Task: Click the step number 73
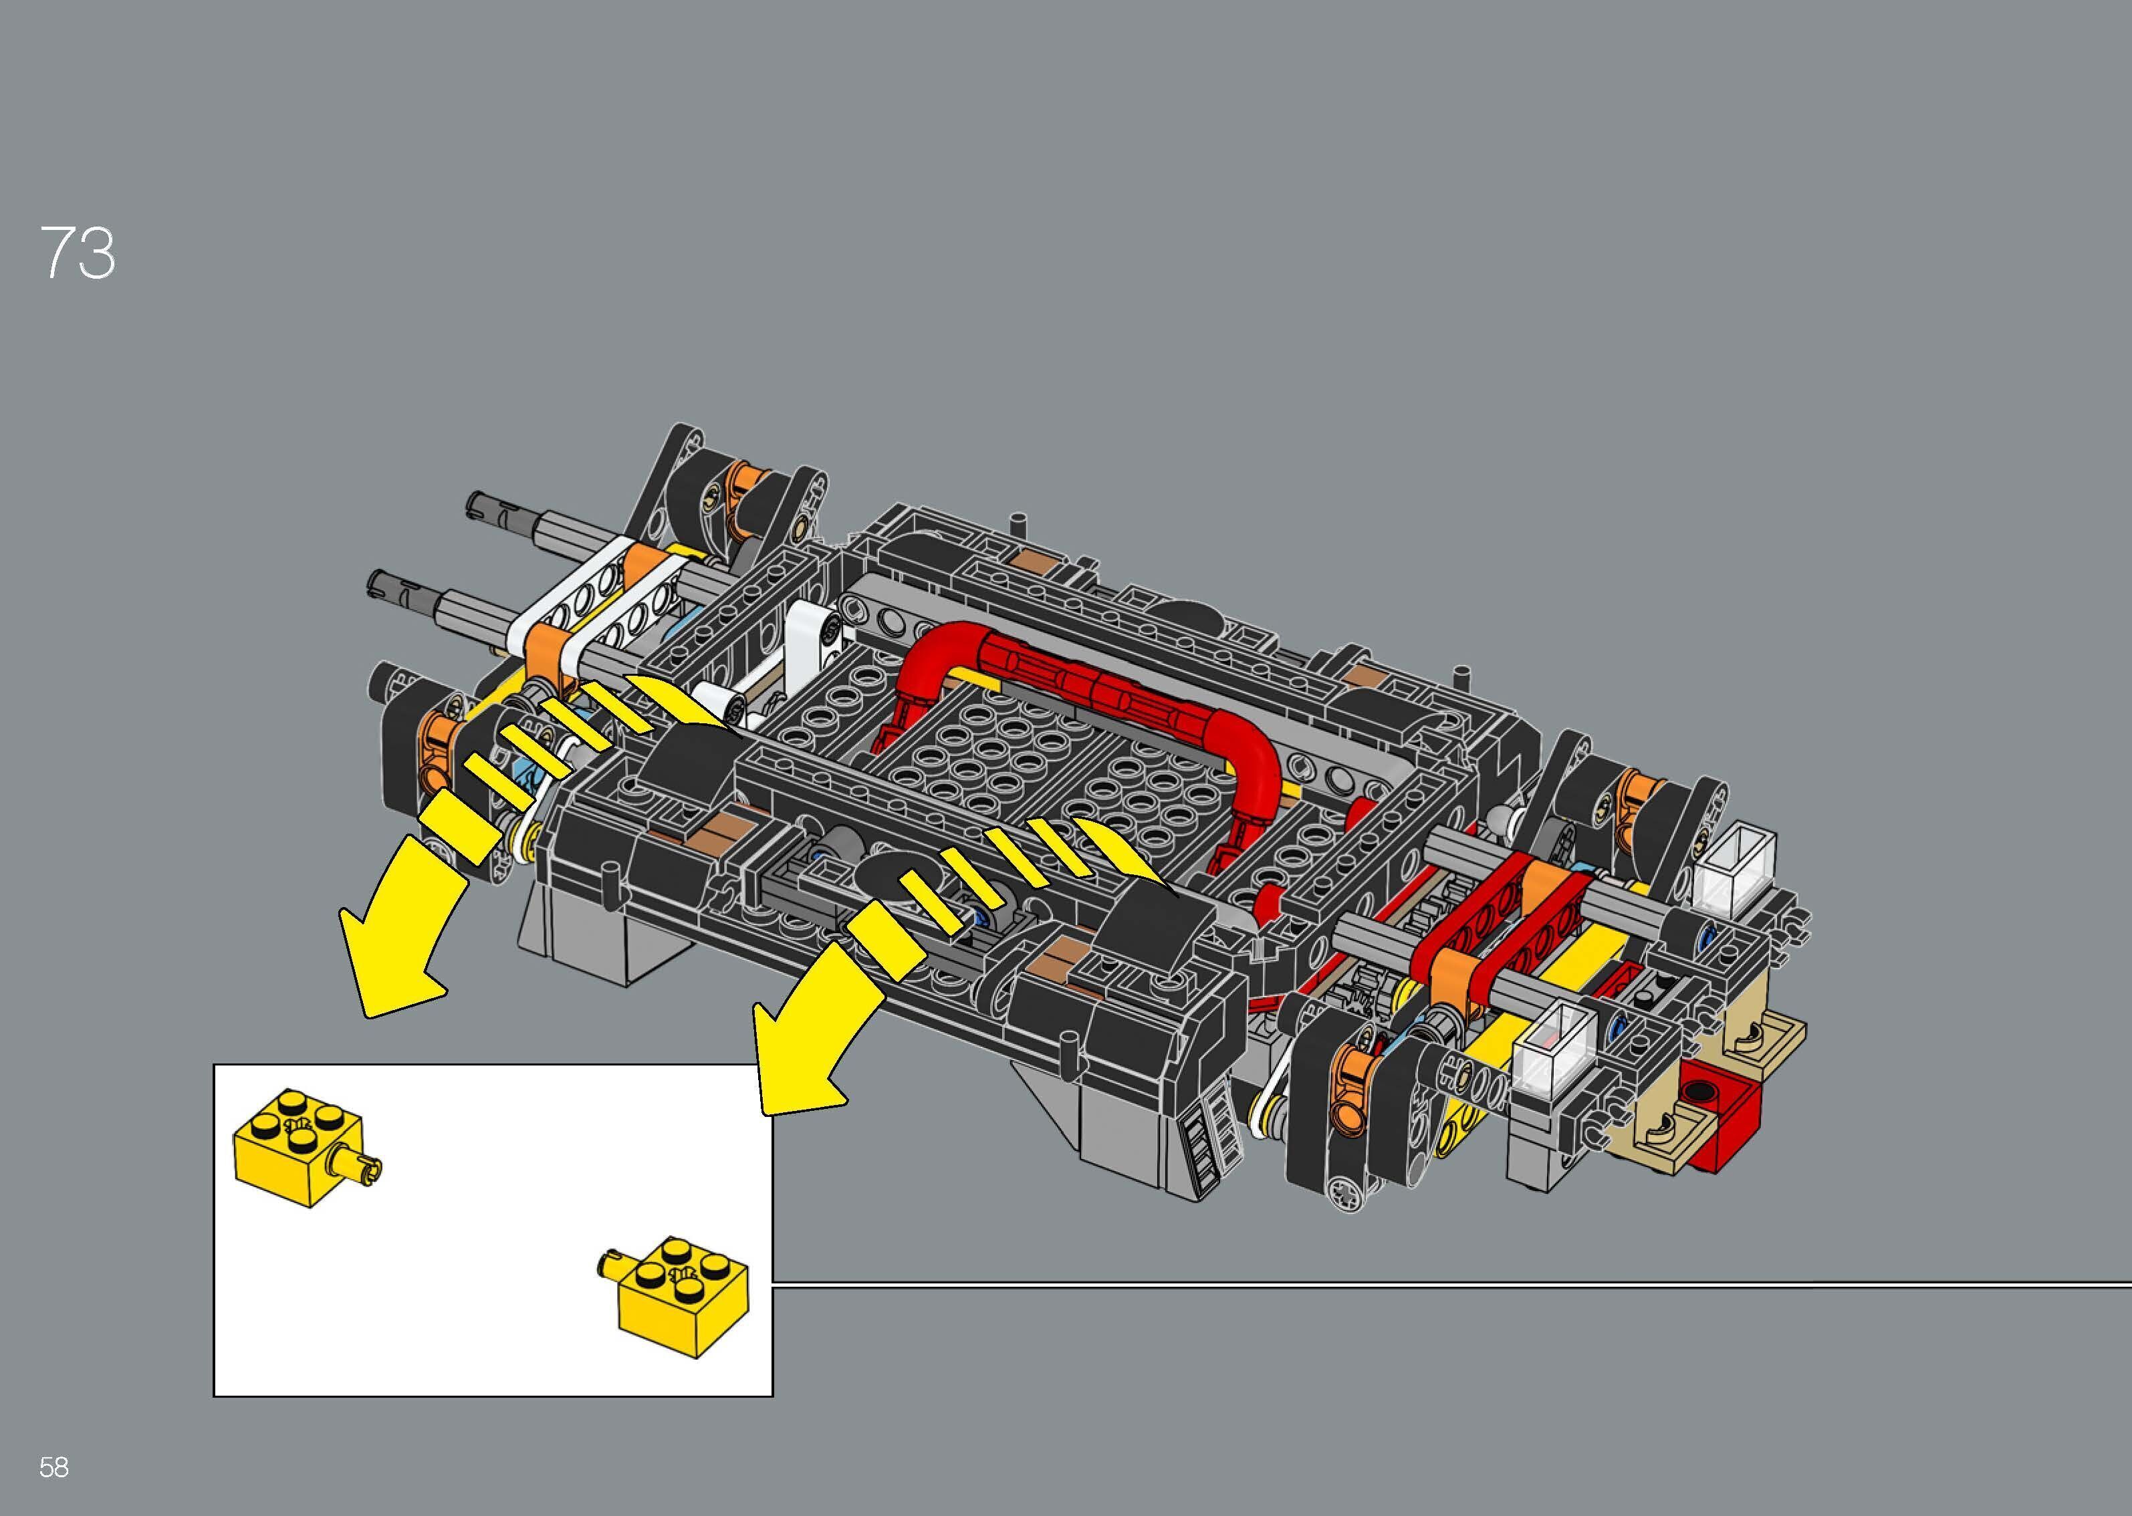[x=78, y=253]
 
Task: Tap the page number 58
[x=54, y=1467]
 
